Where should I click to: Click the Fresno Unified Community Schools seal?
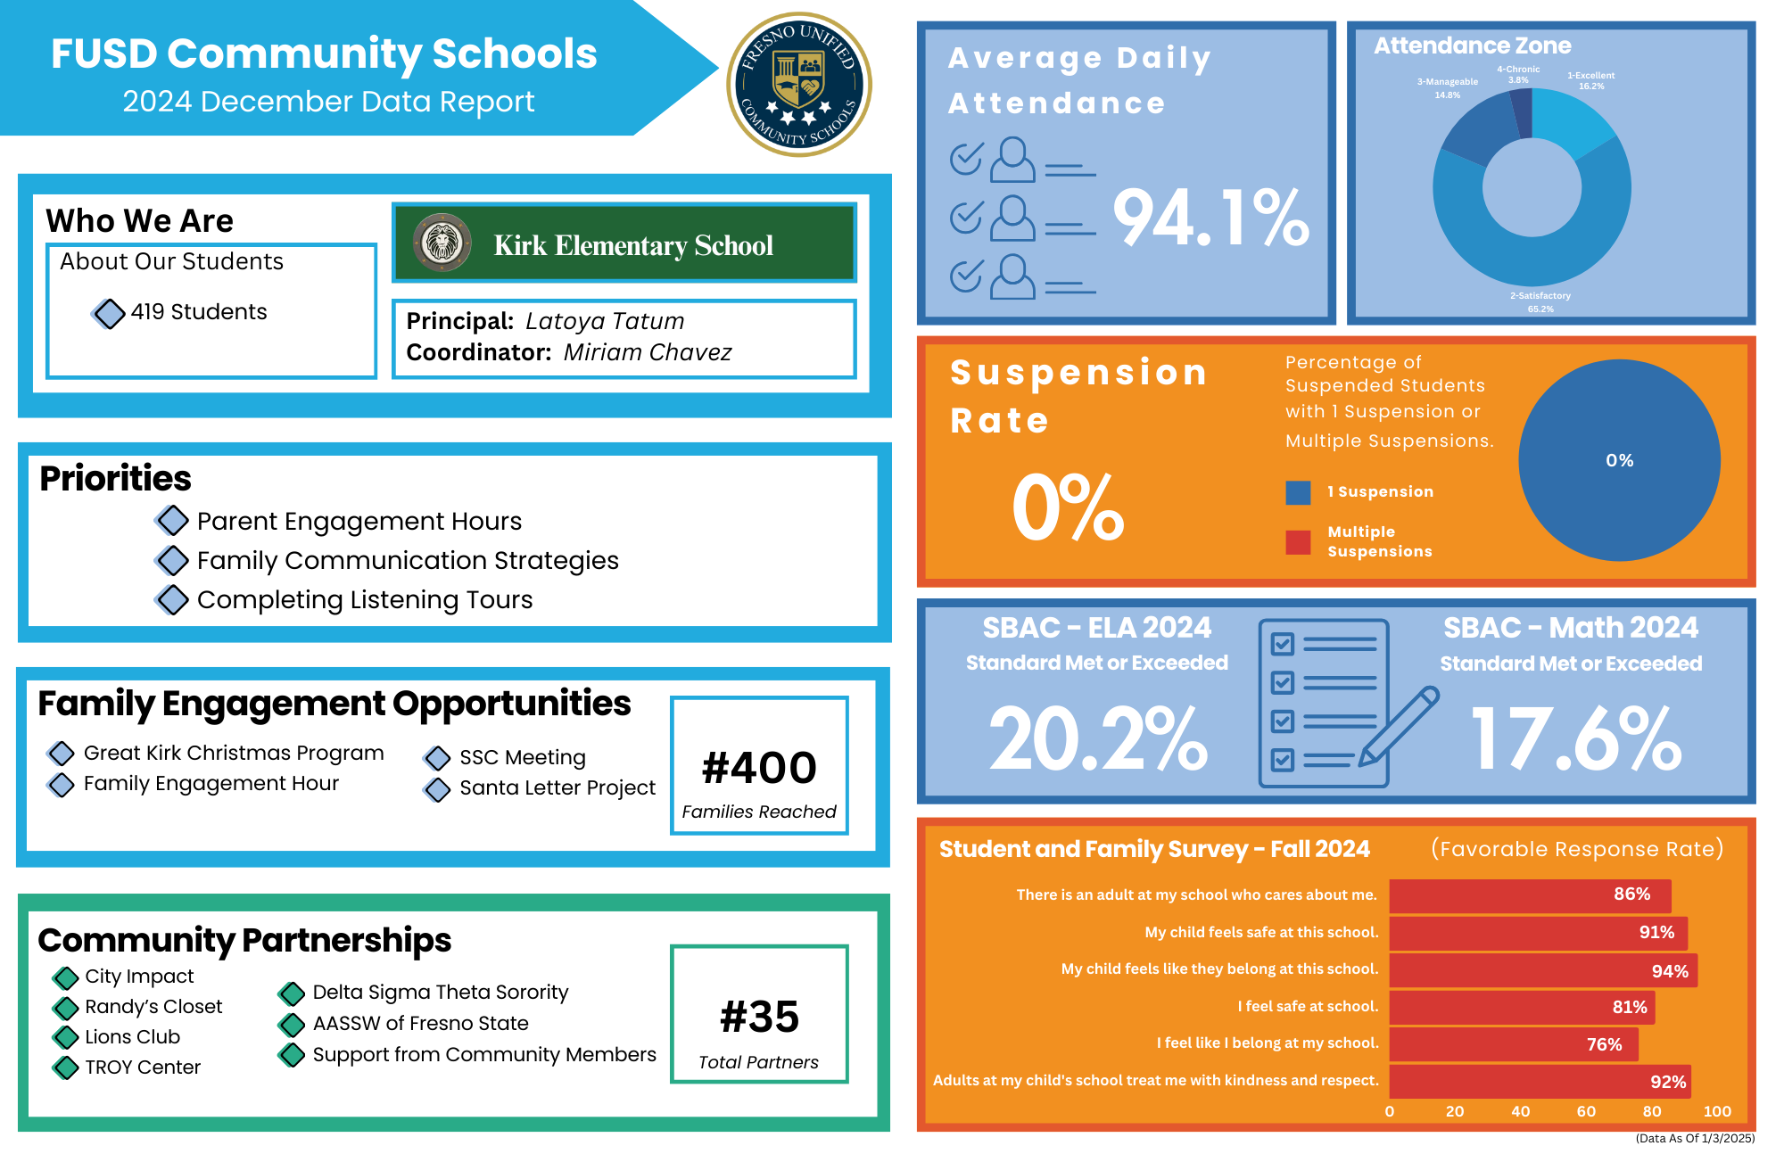[799, 85]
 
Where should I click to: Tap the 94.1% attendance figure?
[1210, 218]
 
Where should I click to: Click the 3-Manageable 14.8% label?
[1447, 88]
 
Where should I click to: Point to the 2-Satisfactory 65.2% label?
[1540, 302]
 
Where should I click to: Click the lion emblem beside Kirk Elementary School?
[442, 242]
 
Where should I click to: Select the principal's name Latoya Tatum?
[605, 321]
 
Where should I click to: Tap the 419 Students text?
[198, 312]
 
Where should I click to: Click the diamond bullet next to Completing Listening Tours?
[171, 600]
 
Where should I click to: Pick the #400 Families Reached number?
[759, 768]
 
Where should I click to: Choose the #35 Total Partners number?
[759, 1017]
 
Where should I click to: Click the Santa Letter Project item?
[557, 788]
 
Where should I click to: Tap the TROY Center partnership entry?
[143, 1067]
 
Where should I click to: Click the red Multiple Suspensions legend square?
[1298, 542]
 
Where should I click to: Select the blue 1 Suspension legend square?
[1298, 492]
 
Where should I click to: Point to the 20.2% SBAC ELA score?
[1098, 739]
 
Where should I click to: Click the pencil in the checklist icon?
[1398, 726]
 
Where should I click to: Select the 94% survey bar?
[1543, 970]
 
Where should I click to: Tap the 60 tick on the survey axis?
[1586, 1111]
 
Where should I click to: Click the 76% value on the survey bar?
[1604, 1044]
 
